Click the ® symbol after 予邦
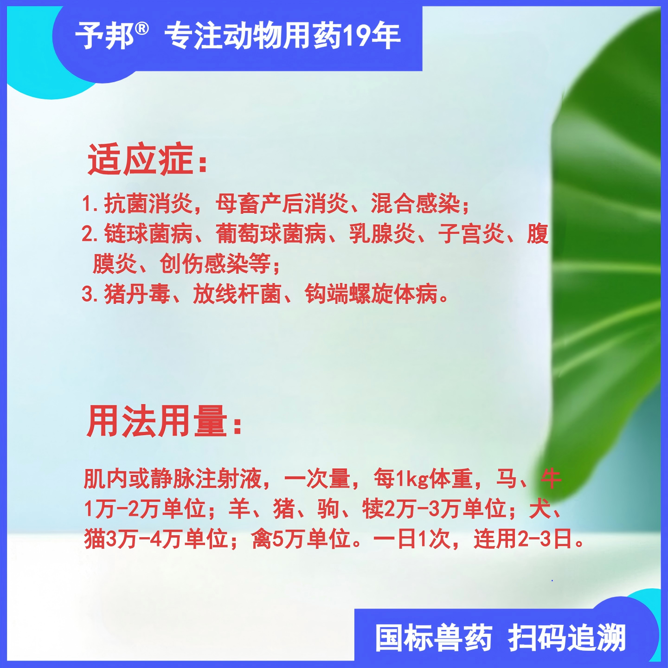[x=142, y=29]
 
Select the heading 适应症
[x=141, y=160]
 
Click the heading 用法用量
[x=157, y=421]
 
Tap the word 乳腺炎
[x=382, y=234]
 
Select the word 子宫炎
[x=471, y=234]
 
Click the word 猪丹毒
[x=137, y=294]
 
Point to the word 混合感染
[x=415, y=204]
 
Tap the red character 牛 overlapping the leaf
[x=551, y=479]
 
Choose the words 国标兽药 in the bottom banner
[x=434, y=638]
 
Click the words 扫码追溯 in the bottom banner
[x=567, y=638]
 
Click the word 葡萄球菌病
[x=271, y=234]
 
